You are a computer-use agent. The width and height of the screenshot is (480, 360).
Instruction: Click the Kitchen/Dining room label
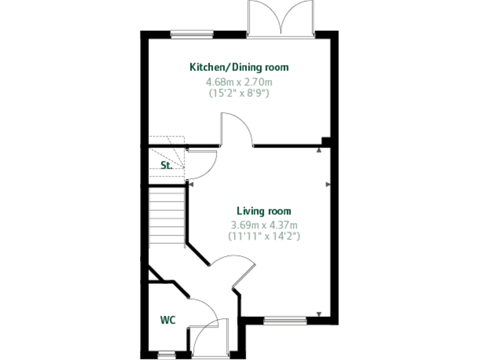[x=239, y=67]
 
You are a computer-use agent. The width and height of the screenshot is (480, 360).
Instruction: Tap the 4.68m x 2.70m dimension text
[x=239, y=81]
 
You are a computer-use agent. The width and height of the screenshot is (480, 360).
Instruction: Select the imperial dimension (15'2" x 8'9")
[x=239, y=92]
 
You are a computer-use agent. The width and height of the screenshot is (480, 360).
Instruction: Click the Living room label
[x=263, y=211]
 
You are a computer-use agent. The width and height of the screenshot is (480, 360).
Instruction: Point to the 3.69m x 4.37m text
[x=263, y=225]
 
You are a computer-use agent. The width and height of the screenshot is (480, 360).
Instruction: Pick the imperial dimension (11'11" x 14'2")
[x=263, y=236]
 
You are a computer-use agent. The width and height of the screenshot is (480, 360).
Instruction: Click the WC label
[x=167, y=320]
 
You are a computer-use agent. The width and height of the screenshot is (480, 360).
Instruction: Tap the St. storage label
[x=166, y=166]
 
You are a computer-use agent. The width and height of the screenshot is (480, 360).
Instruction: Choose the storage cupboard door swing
[x=202, y=164]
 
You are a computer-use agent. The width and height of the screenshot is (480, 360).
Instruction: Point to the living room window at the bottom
[x=285, y=321]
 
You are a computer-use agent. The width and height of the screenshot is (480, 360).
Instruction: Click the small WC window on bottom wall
[x=166, y=355]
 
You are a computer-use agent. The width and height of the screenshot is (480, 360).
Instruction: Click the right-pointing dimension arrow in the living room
[x=328, y=184]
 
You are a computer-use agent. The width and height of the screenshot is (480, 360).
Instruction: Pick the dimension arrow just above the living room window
[x=319, y=314]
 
